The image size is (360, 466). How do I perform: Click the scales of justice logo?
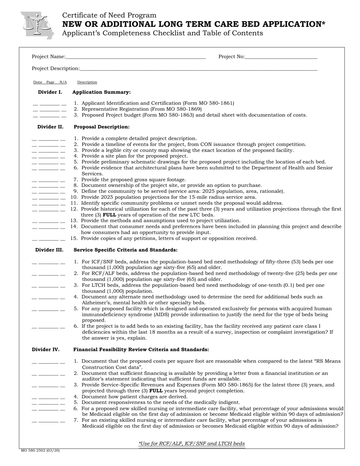click(x=37, y=25)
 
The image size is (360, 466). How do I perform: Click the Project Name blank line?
click(x=135, y=57)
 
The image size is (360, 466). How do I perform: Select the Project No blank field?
click(x=281, y=57)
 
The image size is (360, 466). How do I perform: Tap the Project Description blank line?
click(x=198, y=69)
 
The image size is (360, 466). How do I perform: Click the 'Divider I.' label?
click(x=50, y=92)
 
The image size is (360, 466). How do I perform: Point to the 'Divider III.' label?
click(x=49, y=250)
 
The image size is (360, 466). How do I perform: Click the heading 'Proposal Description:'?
click(x=102, y=127)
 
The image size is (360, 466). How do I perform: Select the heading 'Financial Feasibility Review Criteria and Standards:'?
click(x=141, y=350)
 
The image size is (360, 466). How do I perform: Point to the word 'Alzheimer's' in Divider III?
click(x=96, y=303)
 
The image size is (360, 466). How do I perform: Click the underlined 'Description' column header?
click(x=87, y=82)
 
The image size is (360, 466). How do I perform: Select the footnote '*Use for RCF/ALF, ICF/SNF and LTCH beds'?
click(x=191, y=444)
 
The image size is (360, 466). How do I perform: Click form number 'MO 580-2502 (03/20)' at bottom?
click(x=40, y=451)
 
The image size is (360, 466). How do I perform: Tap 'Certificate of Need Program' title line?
click(x=109, y=16)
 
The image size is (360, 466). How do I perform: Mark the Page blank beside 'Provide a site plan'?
click(x=49, y=156)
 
